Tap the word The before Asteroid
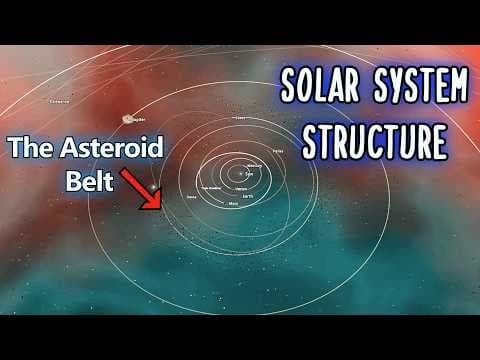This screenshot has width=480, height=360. click(x=31, y=148)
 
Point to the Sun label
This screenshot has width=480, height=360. click(x=249, y=173)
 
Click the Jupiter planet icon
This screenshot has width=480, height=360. click(x=128, y=118)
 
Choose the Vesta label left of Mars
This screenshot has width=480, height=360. click(x=191, y=198)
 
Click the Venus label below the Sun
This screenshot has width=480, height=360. click(x=241, y=188)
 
